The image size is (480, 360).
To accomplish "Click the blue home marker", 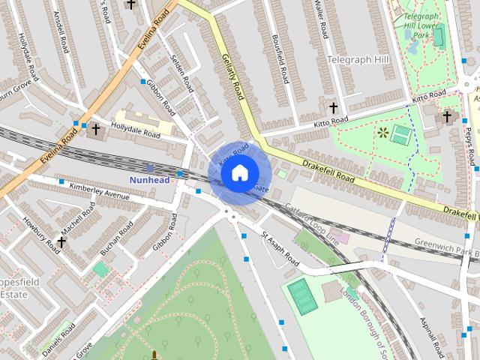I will pos(238,172).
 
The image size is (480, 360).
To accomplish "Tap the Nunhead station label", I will pos(149,180).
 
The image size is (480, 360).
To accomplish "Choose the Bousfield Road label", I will pos(280,58).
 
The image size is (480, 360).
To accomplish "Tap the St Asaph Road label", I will pos(280,250).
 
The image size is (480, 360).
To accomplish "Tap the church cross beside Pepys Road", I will pos(447,116).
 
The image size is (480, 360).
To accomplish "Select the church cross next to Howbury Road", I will pos(61,242).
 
